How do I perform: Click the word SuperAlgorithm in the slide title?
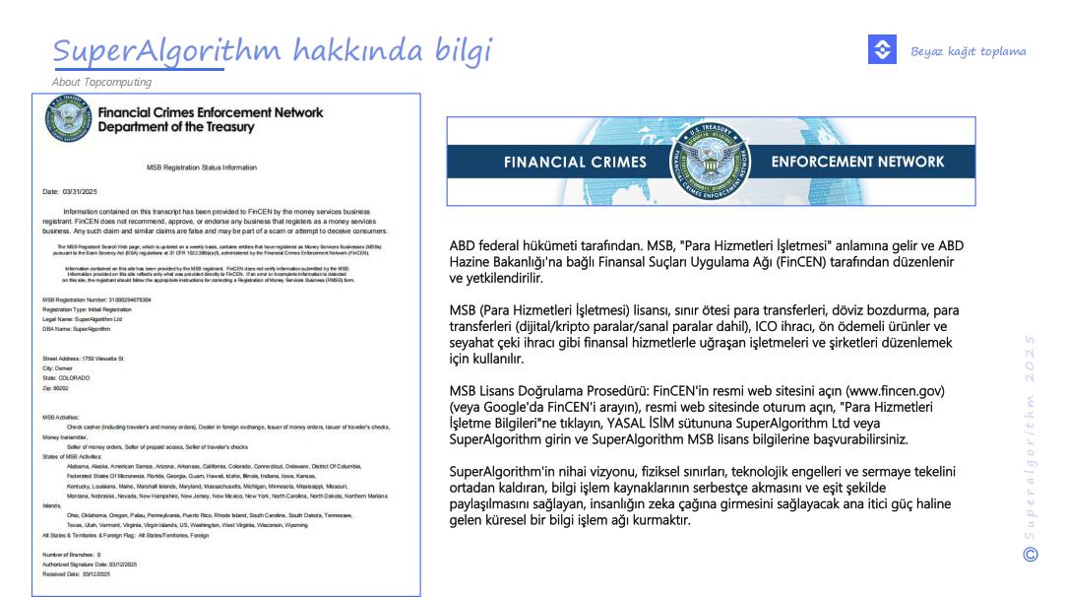tap(139, 50)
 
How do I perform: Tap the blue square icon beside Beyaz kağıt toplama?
tap(882, 50)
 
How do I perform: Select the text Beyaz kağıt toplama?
tap(968, 51)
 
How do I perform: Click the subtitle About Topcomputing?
tap(101, 82)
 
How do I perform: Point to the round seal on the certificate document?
tap(67, 119)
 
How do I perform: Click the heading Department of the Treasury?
tap(176, 127)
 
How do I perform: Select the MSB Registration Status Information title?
tap(202, 167)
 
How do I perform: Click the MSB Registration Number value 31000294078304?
tap(127, 298)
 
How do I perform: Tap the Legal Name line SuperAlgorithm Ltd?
tap(83, 318)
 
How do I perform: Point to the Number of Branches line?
tap(72, 555)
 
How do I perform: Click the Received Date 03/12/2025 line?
tap(76, 573)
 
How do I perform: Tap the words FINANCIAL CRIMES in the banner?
tap(575, 163)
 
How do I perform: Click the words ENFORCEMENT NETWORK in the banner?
tap(857, 162)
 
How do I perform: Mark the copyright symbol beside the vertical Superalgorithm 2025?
tap(1032, 554)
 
